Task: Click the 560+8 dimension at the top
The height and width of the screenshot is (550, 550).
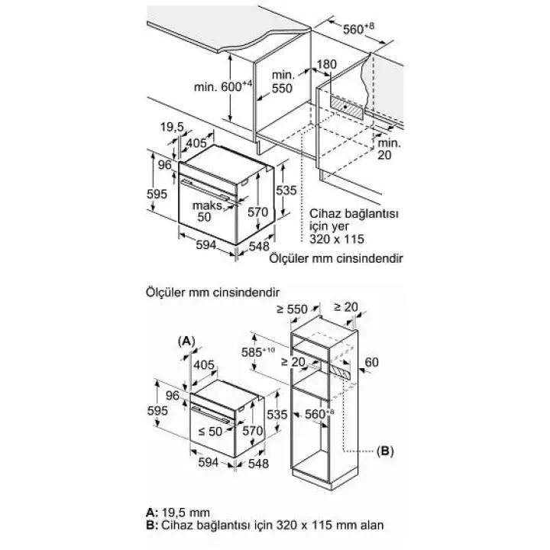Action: coord(358,28)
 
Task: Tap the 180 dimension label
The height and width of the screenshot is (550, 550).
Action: coord(327,64)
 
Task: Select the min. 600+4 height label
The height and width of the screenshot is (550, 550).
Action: coord(223,86)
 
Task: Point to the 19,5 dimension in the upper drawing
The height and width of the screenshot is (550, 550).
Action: coord(172,127)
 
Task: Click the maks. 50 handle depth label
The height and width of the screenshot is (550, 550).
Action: coord(208,211)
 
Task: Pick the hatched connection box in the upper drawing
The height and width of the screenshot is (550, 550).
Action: coord(347,107)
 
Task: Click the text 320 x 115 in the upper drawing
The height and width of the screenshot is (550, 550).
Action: coord(337,239)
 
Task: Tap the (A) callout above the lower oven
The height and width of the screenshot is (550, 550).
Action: coord(186,341)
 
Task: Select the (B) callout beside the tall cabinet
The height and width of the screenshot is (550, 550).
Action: coord(385,451)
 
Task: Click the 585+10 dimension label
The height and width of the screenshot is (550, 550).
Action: coord(258,352)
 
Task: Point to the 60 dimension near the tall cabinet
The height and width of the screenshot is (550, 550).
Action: coord(372,362)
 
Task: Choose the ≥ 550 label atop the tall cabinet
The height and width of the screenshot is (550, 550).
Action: coord(292,309)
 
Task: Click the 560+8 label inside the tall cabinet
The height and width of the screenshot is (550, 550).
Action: coord(319,414)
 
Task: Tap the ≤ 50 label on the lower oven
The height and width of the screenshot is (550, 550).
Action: coord(211,431)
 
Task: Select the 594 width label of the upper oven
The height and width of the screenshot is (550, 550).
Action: coord(206,245)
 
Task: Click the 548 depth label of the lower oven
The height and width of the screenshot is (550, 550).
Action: coord(258,464)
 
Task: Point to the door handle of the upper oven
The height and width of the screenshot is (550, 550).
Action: coord(207,191)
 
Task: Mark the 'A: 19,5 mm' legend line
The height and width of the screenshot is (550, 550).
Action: coord(178,513)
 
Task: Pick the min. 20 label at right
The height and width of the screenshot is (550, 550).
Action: coord(389,149)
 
